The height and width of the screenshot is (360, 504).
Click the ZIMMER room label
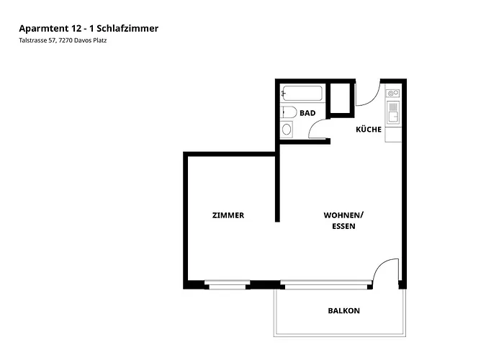228,215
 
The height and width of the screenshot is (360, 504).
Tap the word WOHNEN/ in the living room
343,215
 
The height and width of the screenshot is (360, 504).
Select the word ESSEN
343,226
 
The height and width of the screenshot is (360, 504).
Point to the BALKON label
343,311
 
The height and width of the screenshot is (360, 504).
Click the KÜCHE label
368,130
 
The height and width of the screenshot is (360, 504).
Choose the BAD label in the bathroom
307,113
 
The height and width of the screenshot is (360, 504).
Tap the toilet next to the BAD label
288,112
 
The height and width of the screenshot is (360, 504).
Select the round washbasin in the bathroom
287,130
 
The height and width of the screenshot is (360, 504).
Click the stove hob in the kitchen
393,93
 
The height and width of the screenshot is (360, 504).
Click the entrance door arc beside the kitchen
367,95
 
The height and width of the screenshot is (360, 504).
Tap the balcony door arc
387,271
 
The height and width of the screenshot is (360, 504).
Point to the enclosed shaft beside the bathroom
340,99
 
